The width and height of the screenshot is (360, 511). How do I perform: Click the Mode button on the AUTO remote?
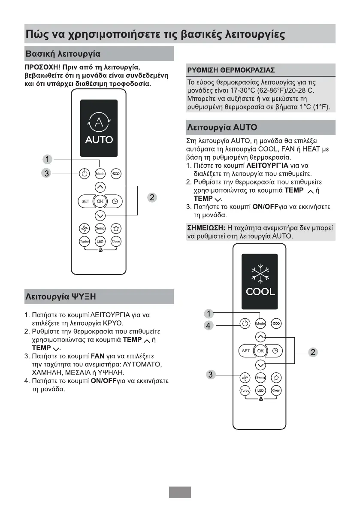click(x=100, y=174)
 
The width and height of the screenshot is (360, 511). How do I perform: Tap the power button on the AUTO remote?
click(x=85, y=174)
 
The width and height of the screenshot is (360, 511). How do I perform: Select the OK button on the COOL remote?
click(x=260, y=351)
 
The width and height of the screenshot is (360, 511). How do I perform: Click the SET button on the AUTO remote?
click(x=85, y=201)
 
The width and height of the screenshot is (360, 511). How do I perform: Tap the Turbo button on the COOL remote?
click(x=245, y=390)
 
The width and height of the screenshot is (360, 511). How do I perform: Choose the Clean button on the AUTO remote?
click(x=115, y=242)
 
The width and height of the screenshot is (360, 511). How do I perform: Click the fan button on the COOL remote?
click(x=245, y=377)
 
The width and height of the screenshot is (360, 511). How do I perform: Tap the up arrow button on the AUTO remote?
click(x=100, y=187)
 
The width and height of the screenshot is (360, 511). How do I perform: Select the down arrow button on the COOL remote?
click(x=260, y=365)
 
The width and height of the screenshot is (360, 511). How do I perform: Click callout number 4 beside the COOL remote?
click(x=208, y=326)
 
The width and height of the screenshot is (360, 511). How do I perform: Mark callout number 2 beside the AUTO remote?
click(x=151, y=197)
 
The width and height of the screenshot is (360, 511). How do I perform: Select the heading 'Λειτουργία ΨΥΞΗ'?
click(x=60, y=296)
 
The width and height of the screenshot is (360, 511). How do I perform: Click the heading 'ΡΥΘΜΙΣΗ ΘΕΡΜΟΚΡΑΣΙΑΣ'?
click(x=231, y=70)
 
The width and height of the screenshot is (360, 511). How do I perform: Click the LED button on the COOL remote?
click(x=260, y=390)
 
